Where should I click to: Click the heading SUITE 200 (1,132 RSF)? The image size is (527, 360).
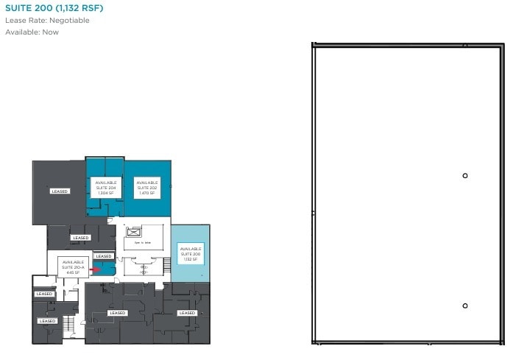coord(54,8)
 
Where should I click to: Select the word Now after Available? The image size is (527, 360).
coord(50,32)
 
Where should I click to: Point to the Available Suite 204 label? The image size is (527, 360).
coord(105,187)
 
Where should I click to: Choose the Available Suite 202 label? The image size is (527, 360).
coord(146,187)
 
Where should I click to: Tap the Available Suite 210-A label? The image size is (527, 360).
coord(73,266)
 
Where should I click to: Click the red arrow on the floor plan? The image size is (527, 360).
coord(95,269)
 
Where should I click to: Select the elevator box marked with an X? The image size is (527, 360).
coord(133,233)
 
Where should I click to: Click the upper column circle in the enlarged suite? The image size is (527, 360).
coord(465,175)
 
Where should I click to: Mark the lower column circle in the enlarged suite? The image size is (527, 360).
coord(465,306)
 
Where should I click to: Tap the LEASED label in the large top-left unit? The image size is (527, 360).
coord(60,191)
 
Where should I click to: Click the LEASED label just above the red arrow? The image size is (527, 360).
coord(104,256)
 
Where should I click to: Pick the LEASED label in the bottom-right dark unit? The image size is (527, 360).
coord(187,313)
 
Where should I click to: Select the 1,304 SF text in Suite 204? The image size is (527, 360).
coord(106,193)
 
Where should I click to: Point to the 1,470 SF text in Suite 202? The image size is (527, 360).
coord(146,193)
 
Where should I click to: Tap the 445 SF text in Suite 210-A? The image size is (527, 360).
coord(73,272)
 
